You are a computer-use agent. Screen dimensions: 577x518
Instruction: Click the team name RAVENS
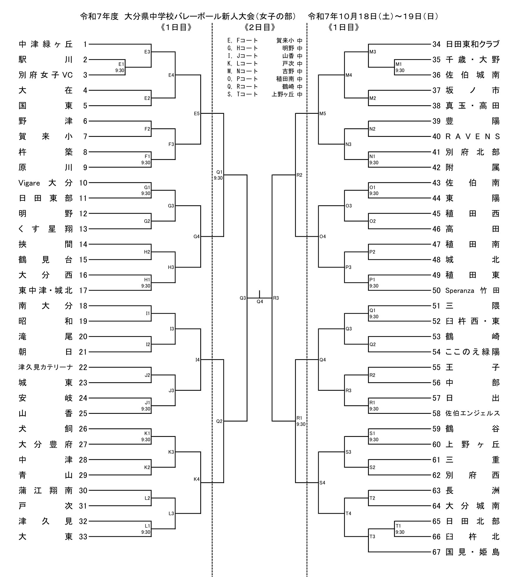(x=473, y=137)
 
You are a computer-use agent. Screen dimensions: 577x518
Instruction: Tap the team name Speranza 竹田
(x=473, y=291)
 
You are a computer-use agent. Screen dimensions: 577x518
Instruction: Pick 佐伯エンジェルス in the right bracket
(x=473, y=413)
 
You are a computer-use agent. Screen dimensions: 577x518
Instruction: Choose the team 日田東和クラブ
(x=473, y=44)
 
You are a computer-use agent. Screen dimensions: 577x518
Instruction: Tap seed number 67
(x=436, y=552)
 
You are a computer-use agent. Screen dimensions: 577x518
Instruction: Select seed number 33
(x=83, y=537)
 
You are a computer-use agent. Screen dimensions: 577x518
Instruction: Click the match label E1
(x=121, y=64)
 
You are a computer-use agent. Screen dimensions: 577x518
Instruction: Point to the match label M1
(x=399, y=64)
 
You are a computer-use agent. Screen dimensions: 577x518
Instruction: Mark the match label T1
(x=398, y=526)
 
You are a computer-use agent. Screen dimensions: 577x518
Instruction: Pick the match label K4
(x=197, y=479)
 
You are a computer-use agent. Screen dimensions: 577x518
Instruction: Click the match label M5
(x=322, y=114)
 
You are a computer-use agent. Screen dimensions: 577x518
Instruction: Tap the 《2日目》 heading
(x=260, y=27)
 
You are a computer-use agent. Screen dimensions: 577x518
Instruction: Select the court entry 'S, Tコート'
(x=242, y=94)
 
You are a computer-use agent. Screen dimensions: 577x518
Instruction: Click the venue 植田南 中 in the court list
(x=289, y=79)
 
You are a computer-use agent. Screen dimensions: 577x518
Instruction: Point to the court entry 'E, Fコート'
(x=242, y=40)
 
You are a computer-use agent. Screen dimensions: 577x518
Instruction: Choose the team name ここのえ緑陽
(x=473, y=352)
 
